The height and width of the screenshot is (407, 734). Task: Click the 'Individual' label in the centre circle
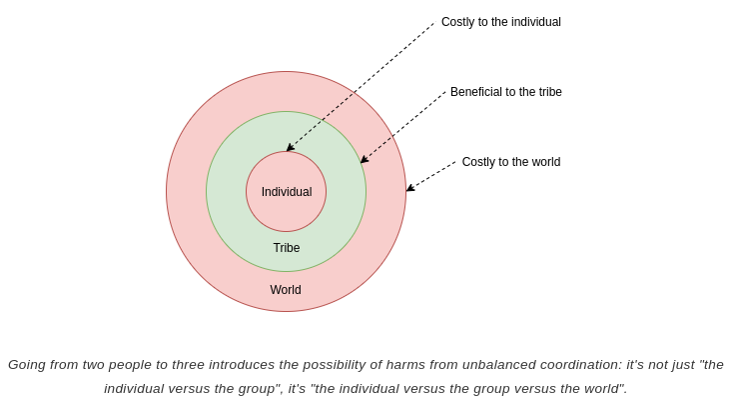click(287, 192)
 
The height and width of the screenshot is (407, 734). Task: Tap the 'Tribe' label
click(287, 248)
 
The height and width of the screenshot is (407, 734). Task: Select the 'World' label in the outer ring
click(286, 290)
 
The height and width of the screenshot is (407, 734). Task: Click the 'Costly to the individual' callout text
click(500, 22)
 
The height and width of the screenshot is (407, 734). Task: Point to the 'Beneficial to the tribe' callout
click(505, 92)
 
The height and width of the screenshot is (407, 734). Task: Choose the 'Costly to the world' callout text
click(510, 162)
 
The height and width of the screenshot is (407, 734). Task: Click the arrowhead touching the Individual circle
click(290, 148)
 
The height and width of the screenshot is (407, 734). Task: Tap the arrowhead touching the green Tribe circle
click(364, 160)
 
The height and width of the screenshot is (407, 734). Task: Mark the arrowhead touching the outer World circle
click(409, 188)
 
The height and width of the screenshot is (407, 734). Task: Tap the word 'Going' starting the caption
click(29, 365)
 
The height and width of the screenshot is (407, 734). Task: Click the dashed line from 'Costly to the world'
click(432, 175)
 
